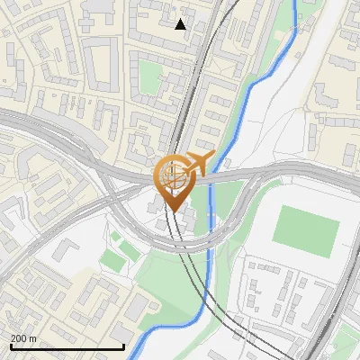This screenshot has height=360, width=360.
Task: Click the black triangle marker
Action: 181,24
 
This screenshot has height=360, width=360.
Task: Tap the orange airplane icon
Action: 199,163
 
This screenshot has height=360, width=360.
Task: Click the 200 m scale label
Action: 23,338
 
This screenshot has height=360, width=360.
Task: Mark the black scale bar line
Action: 67,346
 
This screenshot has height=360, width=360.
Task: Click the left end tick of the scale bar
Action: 10,345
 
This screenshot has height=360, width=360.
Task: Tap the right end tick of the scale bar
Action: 123,345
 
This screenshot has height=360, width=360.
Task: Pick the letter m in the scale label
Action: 31,338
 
